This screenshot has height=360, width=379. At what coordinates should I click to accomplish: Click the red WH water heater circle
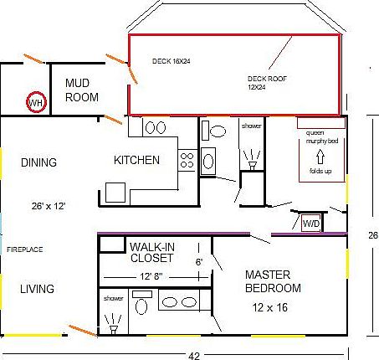36,103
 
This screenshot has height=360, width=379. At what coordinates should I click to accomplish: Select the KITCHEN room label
136,160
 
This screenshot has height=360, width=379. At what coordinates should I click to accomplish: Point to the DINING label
38,162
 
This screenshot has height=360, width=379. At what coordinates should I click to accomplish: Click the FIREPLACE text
24,249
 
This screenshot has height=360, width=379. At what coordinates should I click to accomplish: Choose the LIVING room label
37,289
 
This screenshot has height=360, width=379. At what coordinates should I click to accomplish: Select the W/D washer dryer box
310,224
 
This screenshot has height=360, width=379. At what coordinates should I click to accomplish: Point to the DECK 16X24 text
172,61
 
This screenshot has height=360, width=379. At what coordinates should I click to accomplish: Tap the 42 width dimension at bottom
194,355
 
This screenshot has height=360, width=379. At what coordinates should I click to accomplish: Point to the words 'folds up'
320,170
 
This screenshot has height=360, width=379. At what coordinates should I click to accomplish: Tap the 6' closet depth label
199,262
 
